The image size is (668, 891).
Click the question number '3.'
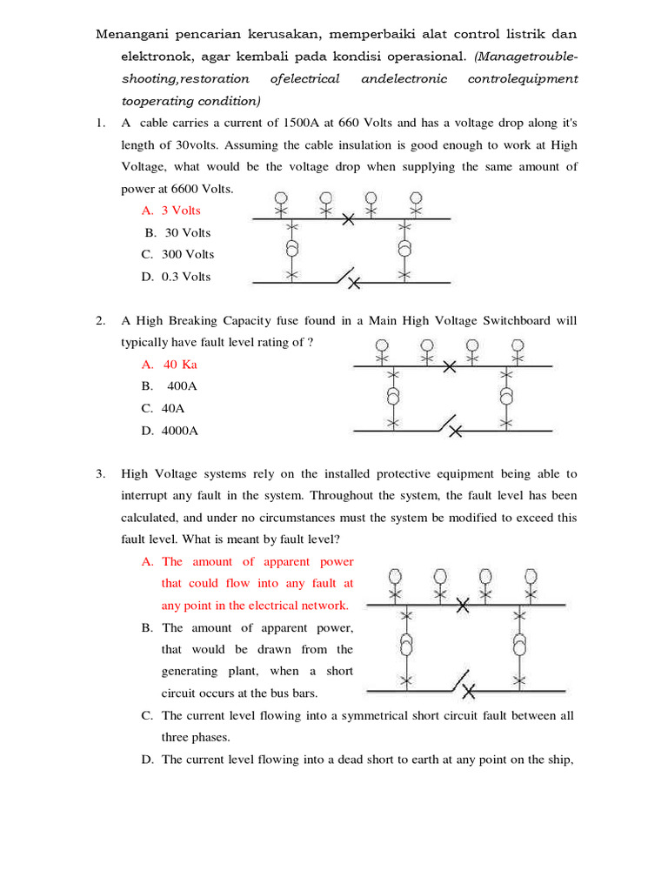(101, 474)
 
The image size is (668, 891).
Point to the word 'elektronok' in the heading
(155, 57)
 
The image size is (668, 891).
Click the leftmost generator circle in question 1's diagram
(280, 198)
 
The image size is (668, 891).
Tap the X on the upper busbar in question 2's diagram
(450, 367)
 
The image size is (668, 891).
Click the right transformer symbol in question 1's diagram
(404, 248)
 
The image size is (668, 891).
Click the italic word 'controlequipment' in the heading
(522, 79)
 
